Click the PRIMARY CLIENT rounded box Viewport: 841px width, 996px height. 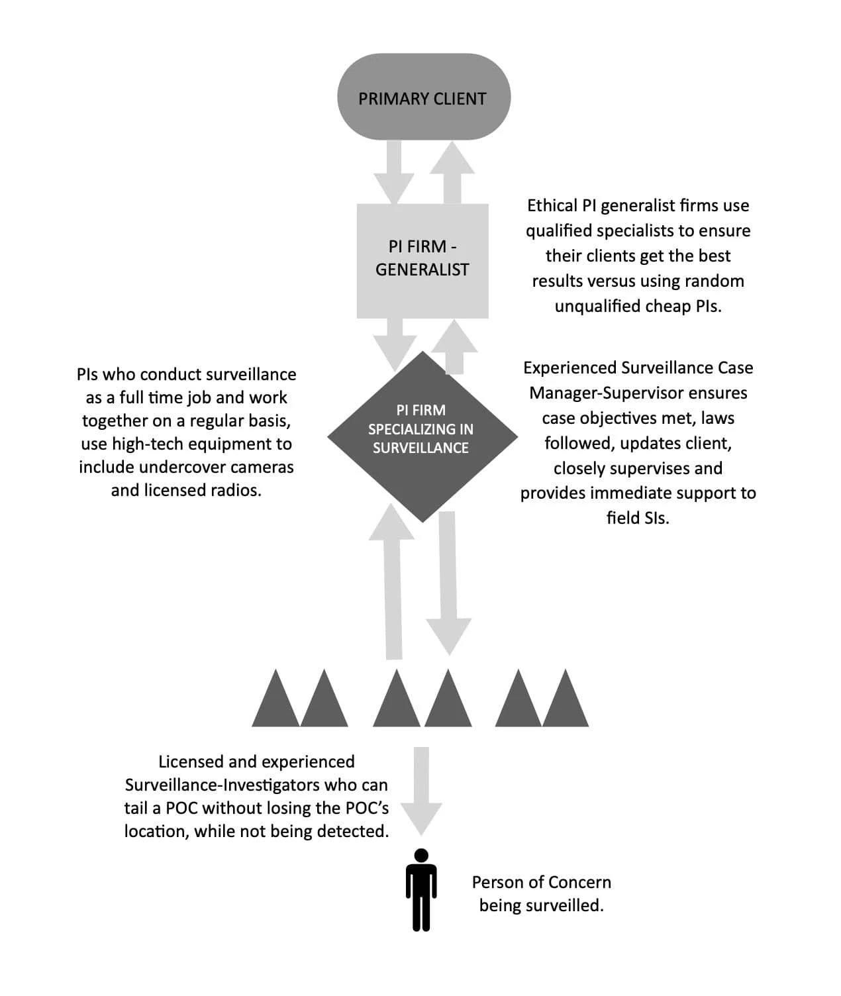(424, 97)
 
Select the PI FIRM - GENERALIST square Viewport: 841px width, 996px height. (422, 261)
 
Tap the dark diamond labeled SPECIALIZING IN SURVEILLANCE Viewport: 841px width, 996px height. (422, 437)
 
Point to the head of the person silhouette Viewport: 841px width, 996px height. (421, 856)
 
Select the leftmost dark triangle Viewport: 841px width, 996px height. (275, 697)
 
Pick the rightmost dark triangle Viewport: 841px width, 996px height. (566, 697)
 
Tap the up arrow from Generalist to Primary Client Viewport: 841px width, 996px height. (452, 172)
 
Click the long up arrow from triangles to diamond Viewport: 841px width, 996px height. (392, 581)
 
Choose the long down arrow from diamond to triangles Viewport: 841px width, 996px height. (448, 583)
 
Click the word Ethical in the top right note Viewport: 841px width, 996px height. (552, 205)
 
